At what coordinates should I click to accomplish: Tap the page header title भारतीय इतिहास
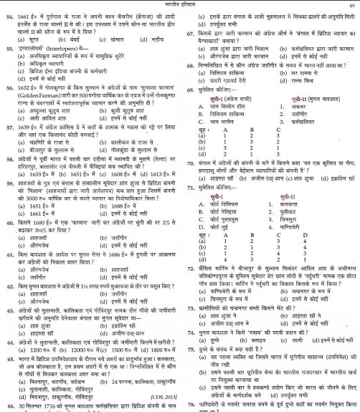coord(179,5)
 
